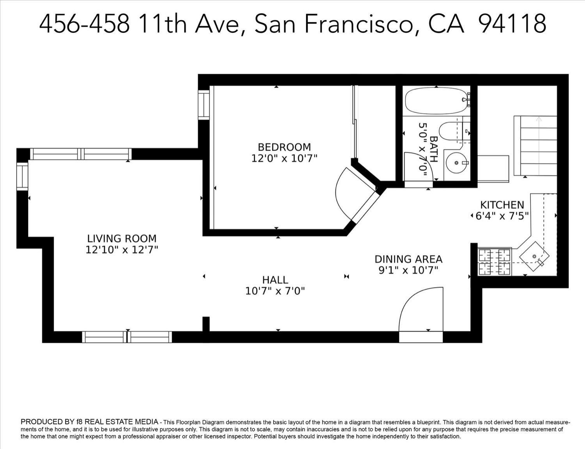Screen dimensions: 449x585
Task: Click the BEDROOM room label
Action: coord(284,147)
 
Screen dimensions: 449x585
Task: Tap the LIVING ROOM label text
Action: coord(122,238)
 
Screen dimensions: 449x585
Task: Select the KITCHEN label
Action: coord(502,205)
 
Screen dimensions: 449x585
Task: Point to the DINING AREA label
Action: coord(408,259)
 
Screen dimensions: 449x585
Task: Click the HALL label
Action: coord(275,280)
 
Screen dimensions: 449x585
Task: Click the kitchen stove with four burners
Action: coord(494,262)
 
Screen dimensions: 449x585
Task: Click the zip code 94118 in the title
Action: coord(512,23)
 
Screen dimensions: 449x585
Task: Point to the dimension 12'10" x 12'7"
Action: coord(122,250)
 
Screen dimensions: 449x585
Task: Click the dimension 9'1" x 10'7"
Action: coord(408,270)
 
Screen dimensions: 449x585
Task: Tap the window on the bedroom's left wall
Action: coord(204,105)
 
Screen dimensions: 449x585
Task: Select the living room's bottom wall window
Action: coord(127,337)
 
